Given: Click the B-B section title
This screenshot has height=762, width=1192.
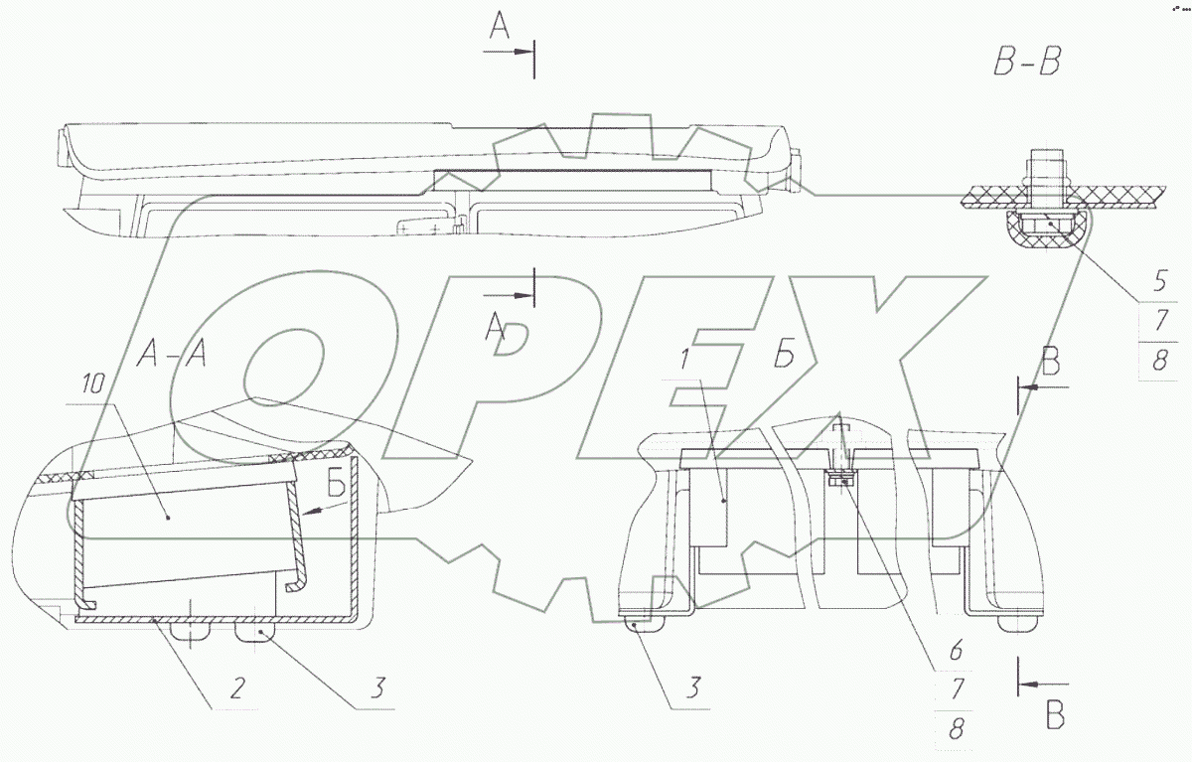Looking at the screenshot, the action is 1027,62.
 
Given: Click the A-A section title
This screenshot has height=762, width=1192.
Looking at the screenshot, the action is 171,354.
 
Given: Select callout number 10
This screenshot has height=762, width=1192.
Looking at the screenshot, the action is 93,383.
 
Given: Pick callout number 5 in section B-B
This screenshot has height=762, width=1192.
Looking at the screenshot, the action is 1160,281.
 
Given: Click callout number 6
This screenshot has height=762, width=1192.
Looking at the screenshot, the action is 956,651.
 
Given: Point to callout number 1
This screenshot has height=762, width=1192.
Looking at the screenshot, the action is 684,360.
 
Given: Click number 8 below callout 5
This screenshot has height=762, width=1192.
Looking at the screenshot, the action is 1160,360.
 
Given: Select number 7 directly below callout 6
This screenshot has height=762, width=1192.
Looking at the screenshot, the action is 957,689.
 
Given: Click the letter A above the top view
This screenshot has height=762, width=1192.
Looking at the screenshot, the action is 499,26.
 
